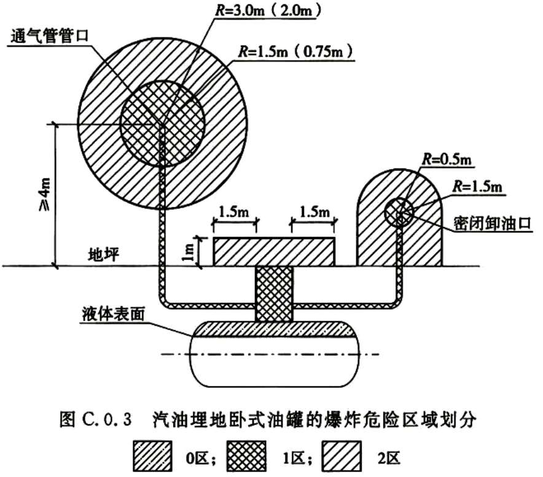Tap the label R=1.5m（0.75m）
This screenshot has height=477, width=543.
coord(295,52)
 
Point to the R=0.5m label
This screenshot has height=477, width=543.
coord(447,159)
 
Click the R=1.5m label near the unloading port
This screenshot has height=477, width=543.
coord(477,187)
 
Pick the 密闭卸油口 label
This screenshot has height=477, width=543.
coord(493,224)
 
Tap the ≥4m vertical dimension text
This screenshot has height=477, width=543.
coord(45,194)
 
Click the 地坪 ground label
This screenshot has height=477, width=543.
coord(104,255)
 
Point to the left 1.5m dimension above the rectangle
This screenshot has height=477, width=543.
coord(234,212)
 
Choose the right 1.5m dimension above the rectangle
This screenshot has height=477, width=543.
coord(314,212)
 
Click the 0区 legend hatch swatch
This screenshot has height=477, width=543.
coord(152,456)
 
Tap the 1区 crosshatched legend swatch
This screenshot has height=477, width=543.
coord(246,456)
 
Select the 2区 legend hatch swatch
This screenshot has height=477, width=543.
coord(342,456)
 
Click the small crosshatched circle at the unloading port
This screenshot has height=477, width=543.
coord(399,213)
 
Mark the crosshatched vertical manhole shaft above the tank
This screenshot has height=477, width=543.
coord(274,294)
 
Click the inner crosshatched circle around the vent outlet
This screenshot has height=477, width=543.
coord(162,124)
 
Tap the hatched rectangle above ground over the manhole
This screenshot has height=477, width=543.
coord(274,252)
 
